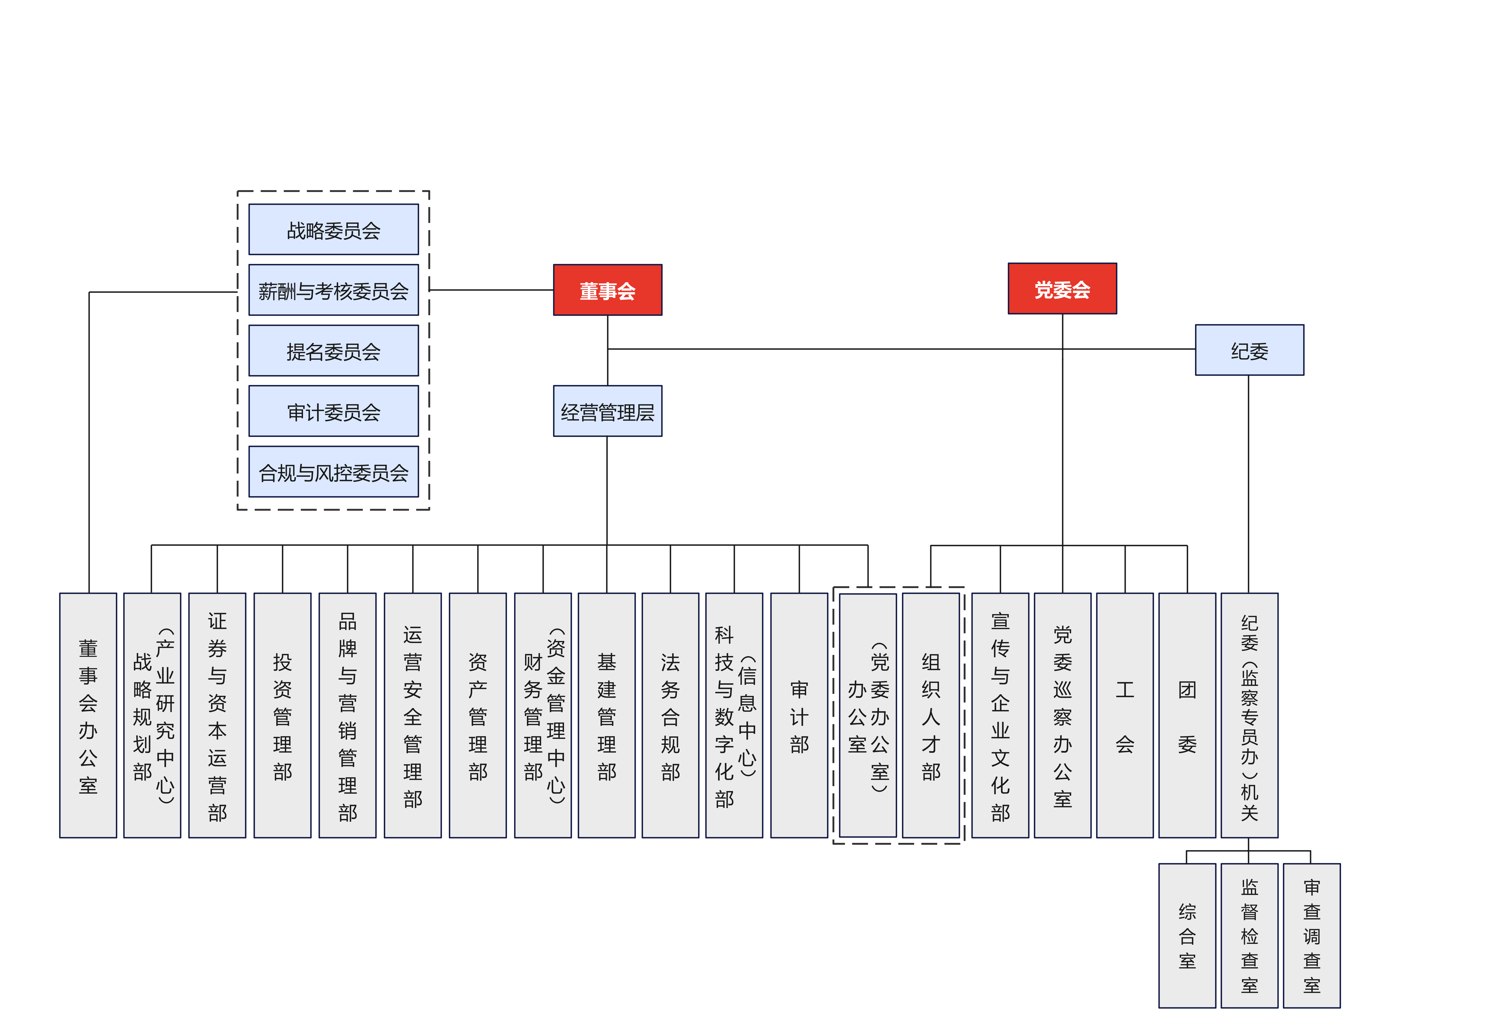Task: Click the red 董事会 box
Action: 607,290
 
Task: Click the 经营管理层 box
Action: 607,412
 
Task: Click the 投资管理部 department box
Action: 282,716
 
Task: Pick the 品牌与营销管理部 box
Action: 347,716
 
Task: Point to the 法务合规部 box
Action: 670,716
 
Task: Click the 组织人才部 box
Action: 930,716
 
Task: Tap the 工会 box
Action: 1125,716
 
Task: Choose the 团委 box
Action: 1187,716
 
